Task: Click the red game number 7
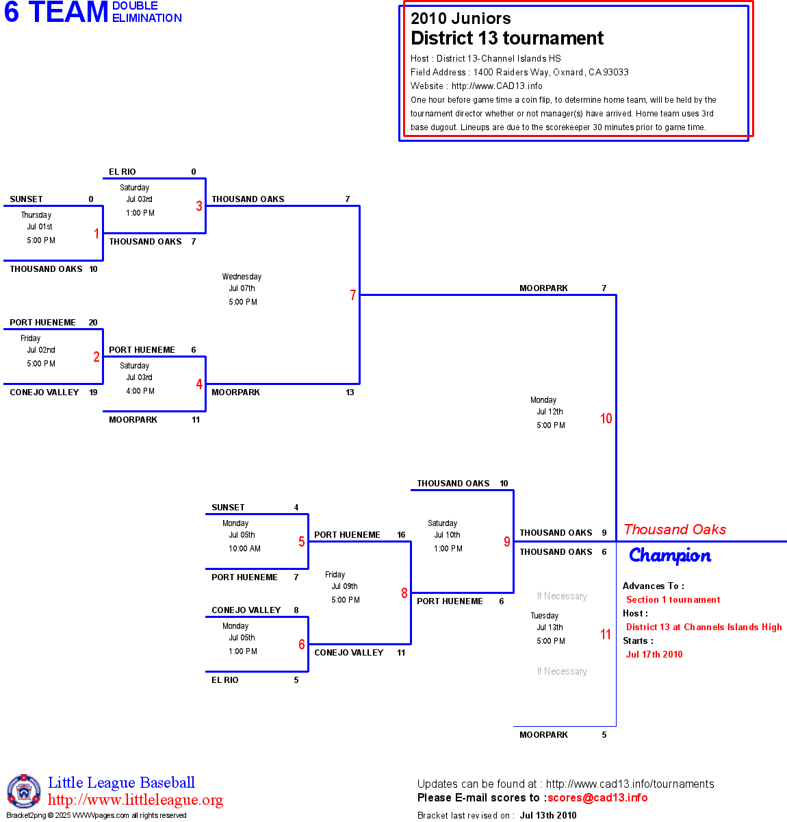(353, 295)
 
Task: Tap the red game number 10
(606, 419)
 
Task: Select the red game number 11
(606, 634)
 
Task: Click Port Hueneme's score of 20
(93, 323)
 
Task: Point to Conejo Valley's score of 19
(93, 393)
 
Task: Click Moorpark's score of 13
(350, 393)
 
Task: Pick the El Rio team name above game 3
(122, 172)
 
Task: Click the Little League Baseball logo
(24, 792)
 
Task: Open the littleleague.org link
(136, 800)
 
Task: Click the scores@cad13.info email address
(597, 797)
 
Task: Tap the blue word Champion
(670, 556)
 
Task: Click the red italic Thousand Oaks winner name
(675, 530)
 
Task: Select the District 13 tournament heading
(507, 38)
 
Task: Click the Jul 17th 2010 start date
(654, 654)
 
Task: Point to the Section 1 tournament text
(673, 599)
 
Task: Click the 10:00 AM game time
(244, 549)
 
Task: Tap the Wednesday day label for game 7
(242, 277)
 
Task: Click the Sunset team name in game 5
(228, 508)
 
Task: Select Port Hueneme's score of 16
(401, 535)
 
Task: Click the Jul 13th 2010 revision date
(548, 815)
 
